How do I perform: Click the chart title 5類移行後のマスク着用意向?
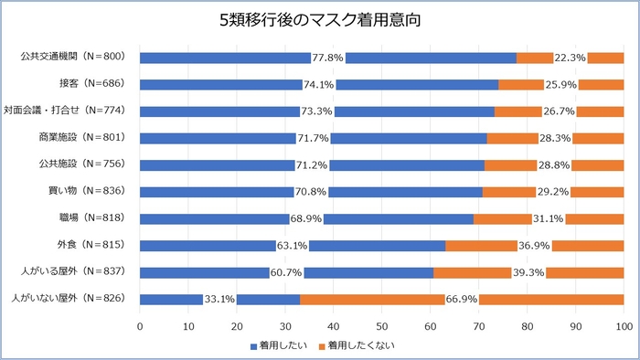coord(320,19)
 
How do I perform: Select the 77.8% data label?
coord(327,58)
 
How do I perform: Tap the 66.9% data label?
coord(461,299)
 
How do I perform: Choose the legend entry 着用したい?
coord(279,346)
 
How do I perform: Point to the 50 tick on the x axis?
coord(381,325)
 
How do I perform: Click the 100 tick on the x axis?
coord(624,325)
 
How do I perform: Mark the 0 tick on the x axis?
coord(140,325)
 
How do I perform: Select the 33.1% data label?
coord(219,299)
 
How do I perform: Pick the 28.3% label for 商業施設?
coord(556,138)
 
